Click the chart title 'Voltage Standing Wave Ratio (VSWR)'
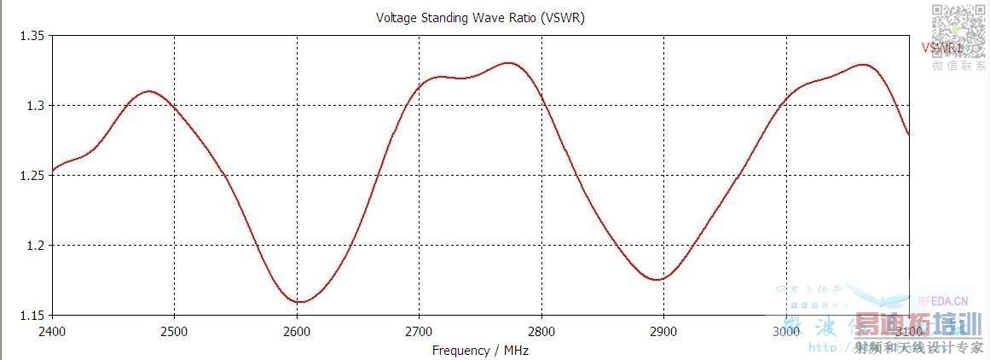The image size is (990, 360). click(480, 18)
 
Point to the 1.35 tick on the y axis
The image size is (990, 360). click(32, 36)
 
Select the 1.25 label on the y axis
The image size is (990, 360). click(32, 176)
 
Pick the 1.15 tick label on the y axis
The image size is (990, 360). click(32, 316)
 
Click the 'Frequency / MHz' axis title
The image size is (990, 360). click(480, 350)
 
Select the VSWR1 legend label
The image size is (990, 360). click(941, 49)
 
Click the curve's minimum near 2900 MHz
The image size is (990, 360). click(657, 280)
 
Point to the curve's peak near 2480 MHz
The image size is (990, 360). click(150, 91)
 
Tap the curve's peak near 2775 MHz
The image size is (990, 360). click(509, 63)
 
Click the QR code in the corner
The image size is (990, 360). click(957, 31)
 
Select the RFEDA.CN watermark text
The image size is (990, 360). click(943, 300)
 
